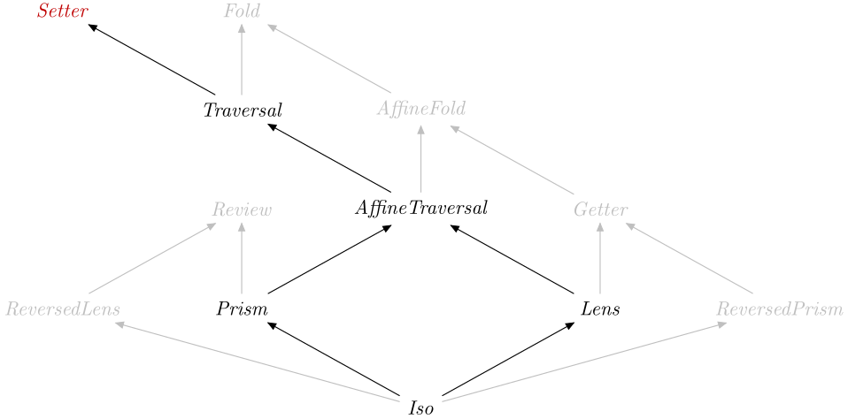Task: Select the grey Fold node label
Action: tap(242, 11)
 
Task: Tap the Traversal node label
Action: tap(242, 110)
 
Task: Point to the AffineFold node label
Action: tap(420, 110)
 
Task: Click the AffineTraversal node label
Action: tap(420, 209)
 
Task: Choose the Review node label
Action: tap(242, 209)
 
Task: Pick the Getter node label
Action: tap(600, 209)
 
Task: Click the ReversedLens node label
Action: tap(63, 309)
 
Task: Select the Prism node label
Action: tap(242, 309)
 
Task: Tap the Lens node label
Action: tap(600, 309)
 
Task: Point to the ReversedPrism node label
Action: tap(780, 309)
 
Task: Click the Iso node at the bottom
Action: tap(420, 408)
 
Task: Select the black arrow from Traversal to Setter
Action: tap(152, 60)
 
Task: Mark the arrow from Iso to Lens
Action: tap(508, 360)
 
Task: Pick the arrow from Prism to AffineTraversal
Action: tap(330, 259)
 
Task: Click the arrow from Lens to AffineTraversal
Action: tap(513, 259)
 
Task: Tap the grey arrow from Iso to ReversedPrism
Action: tap(584, 360)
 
